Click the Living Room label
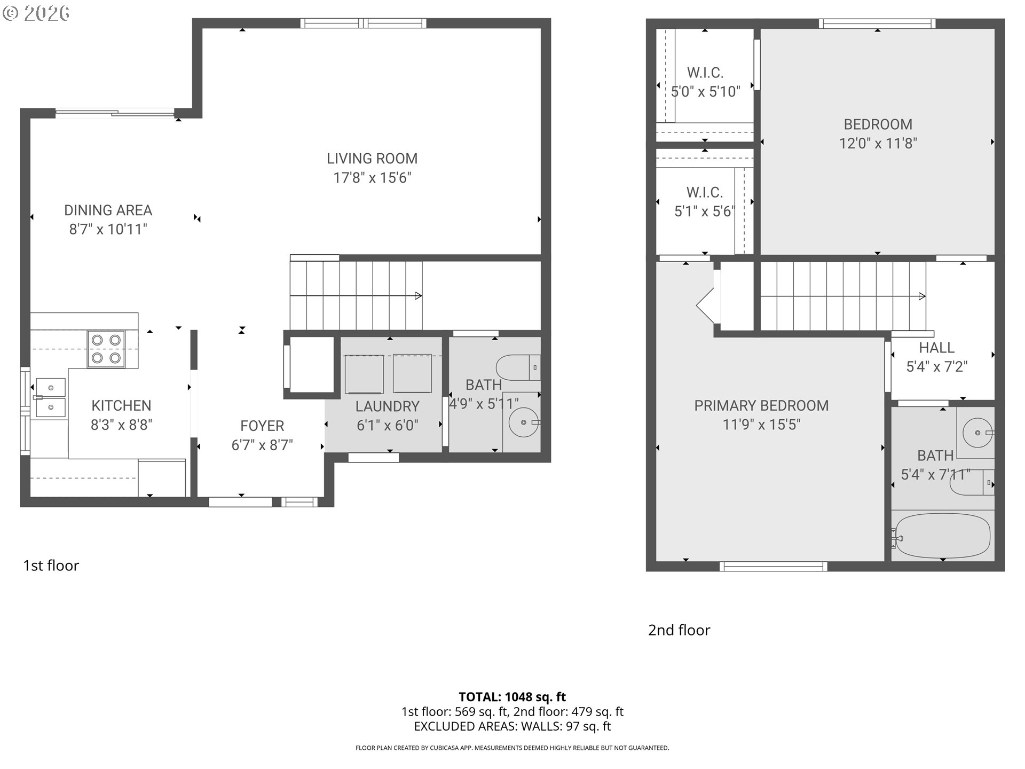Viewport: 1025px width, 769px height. [x=372, y=159]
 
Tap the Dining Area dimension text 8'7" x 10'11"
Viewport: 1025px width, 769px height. [x=108, y=230]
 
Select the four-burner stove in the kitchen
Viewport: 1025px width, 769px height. [x=106, y=349]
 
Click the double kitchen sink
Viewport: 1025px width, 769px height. [x=50, y=398]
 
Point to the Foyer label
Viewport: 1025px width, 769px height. [x=262, y=426]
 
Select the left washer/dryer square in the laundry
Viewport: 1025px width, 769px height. [x=364, y=374]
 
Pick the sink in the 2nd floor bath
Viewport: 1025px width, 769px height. [x=977, y=433]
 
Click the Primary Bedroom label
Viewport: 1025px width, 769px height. [x=761, y=406]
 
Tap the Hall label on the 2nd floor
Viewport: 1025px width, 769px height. [x=936, y=348]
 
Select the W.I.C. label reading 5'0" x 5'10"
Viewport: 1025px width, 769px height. [x=705, y=82]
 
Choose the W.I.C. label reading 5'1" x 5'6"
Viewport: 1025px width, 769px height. [x=704, y=202]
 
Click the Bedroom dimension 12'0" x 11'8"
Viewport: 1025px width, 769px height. [x=878, y=144]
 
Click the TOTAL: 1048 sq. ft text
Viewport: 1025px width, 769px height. [x=512, y=697]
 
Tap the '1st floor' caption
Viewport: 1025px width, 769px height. [x=51, y=566]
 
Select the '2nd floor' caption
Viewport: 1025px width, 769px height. [x=679, y=630]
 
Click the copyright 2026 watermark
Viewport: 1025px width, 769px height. [x=36, y=13]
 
